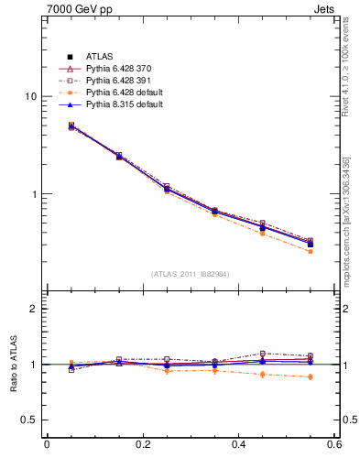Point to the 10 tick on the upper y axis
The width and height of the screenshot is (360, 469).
point(30,97)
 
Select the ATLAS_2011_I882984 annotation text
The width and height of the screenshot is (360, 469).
point(191,274)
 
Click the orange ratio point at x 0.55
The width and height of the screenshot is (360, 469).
point(311,376)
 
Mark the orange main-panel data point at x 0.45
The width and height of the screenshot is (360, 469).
point(262,233)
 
